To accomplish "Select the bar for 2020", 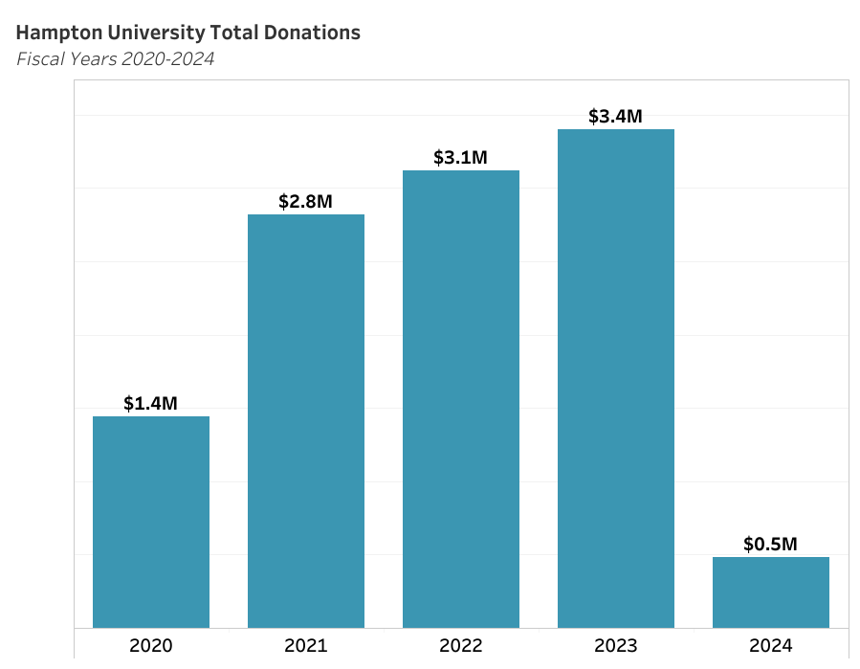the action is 151,522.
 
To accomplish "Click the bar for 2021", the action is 306,421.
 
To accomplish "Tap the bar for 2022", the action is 461,399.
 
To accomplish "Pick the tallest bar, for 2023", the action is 616,379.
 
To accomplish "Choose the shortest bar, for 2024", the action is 771,592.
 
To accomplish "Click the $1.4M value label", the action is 150,403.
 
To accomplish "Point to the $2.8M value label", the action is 305,201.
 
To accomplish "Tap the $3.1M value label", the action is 460,158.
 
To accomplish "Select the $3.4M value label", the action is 615,117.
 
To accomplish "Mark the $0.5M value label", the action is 770,544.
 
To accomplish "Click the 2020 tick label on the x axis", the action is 151,645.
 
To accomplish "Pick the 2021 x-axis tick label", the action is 306,645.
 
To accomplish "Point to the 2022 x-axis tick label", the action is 461,645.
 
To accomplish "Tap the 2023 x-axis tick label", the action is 616,645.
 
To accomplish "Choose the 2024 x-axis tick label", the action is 771,645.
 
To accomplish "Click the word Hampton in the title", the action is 59,33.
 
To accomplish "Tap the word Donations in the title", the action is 312,33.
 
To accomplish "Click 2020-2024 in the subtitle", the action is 167,58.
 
